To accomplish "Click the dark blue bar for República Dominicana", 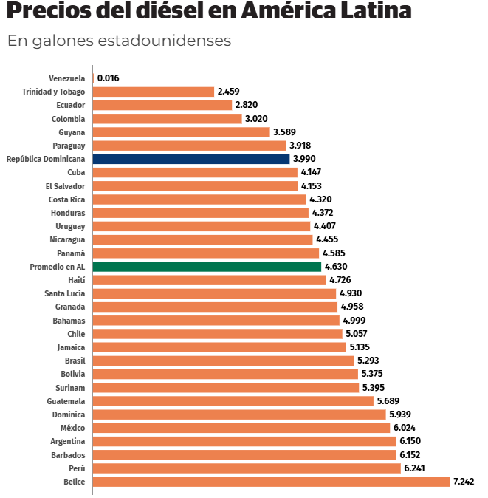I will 191,159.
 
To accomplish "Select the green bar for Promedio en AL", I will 207,267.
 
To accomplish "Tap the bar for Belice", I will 271,482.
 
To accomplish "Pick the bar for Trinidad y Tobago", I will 154,92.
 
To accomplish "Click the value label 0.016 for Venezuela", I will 109,78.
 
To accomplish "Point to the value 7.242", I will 464,482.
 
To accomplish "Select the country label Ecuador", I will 71,105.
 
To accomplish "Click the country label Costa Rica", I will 66,199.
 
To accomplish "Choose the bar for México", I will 241,428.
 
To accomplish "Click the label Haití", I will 75,280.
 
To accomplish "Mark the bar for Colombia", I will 167,119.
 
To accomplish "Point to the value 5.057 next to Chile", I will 357,334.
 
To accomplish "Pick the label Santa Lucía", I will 65,293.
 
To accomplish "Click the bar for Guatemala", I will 233,401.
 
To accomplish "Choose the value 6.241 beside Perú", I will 415,468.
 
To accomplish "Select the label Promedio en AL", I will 57,267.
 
